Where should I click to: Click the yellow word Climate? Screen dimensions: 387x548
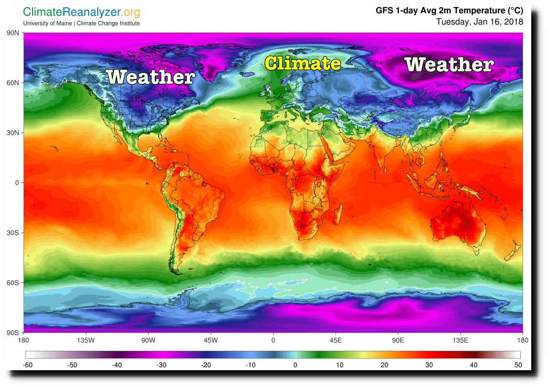coord(303,63)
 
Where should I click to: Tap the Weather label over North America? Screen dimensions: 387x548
coord(150,76)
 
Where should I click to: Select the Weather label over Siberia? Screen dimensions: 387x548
coord(449,64)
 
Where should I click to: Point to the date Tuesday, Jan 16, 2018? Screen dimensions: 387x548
coord(479,22)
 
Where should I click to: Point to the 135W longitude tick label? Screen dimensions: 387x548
coord(86,340)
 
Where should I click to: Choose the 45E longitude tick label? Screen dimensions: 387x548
coord(335,340)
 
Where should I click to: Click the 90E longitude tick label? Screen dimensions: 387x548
coord(398,340)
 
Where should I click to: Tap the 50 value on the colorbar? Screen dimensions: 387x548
coord(518,365)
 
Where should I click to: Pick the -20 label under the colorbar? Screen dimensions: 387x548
coord(205,365)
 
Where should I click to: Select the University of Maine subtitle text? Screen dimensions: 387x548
coord(81,23)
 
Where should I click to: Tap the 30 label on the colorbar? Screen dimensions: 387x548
coord(428,365)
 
